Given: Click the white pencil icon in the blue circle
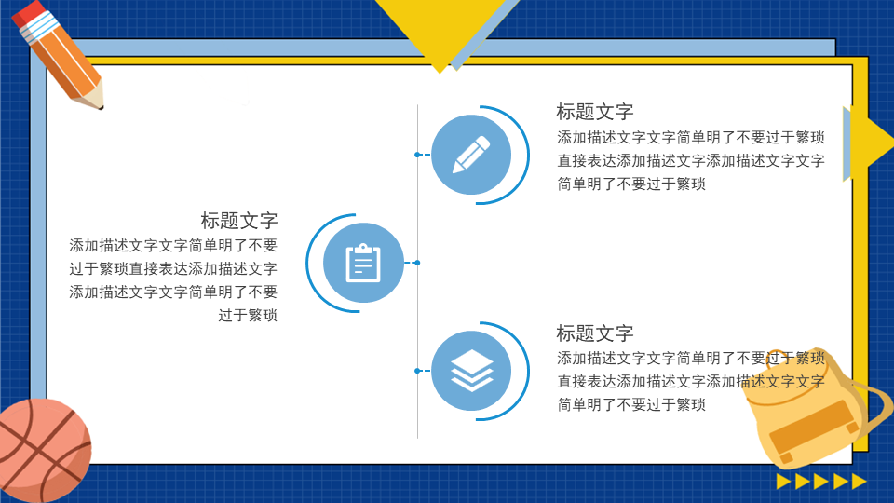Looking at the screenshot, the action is click(x=471, y=154).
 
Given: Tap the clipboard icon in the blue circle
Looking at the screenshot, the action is click(x=363, y=263).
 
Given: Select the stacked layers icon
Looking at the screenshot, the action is click(x=471, y=371).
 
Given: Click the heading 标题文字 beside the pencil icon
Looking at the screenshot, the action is click(x=595, y=112).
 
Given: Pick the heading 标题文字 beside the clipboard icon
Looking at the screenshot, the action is click(x=239, y=221).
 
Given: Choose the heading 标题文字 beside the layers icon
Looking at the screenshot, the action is click(x=595, y=333).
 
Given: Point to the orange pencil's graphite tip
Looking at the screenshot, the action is click(x=101, y=106).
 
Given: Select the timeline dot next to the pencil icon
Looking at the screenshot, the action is click(x=418, y=155).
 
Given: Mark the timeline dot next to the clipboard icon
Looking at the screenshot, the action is click(x=417, y=263).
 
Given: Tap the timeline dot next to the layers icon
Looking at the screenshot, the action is click(x=418, y=371).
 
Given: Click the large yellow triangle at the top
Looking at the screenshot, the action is click(x=440, y=29).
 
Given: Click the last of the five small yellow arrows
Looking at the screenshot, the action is click(x=860, y=482).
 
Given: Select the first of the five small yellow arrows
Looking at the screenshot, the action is click(x=783, y=482).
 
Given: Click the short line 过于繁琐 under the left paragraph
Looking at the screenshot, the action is click(x=248, y=316).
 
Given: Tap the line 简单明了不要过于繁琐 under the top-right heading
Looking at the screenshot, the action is click(x=631, y=184).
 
